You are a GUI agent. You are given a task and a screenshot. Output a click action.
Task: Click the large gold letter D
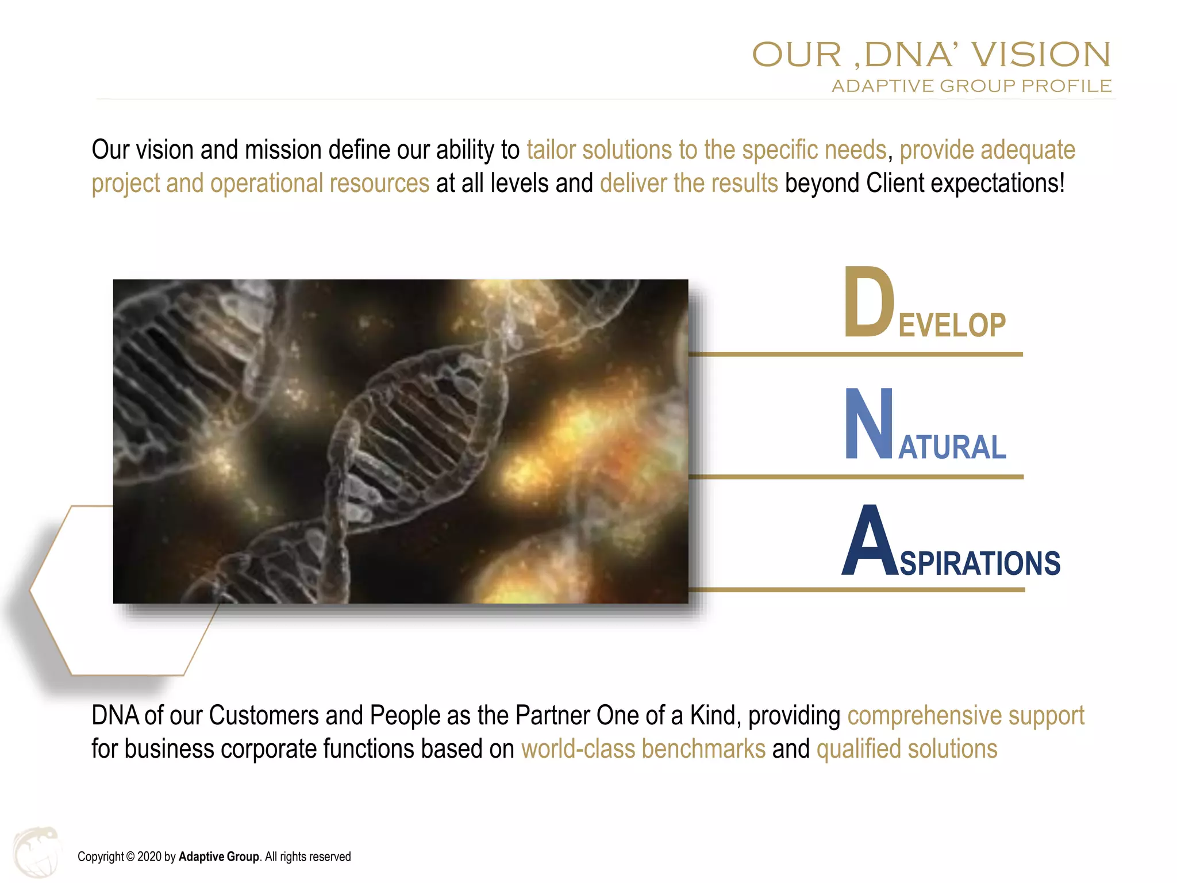(868, 302)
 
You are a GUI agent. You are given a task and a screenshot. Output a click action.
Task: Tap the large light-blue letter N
(868, 424)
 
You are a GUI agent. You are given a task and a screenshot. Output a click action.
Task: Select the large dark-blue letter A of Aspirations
(868, 542)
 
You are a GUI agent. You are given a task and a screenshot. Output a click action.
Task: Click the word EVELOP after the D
(952, 325)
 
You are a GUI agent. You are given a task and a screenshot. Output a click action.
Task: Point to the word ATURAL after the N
(952, 447)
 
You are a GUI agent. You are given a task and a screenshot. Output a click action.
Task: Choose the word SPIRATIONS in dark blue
(980, 563)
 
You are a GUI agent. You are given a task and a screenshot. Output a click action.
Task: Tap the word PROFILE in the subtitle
(1066, 86)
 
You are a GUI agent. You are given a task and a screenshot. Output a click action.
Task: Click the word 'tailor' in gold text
(551, 150)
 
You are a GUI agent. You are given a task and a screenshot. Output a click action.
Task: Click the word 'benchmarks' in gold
(703, 749)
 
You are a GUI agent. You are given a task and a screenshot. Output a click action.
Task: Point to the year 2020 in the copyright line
(149, 857)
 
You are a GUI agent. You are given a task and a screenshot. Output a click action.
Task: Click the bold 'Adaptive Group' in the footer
(218, 857)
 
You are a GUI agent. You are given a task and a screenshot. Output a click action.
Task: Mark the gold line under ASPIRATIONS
(856, 590)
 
